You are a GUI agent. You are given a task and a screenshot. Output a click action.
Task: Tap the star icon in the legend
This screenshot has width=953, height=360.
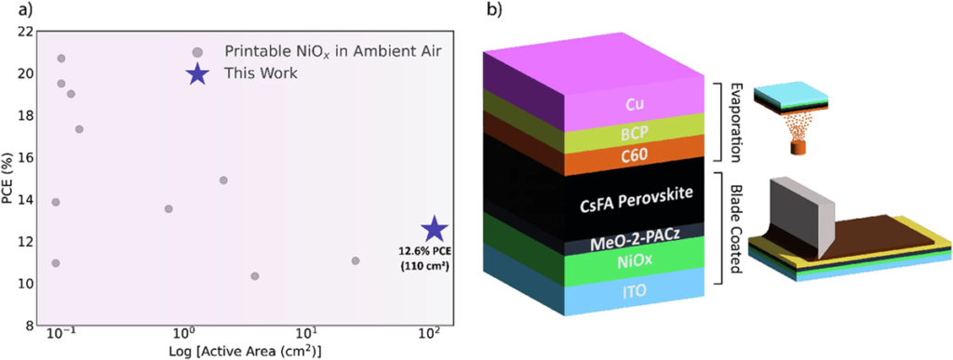coord(196,74)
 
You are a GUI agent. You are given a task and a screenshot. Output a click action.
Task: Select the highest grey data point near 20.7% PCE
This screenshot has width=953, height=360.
coord(61,59)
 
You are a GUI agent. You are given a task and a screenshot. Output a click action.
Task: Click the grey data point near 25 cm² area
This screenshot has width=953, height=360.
coord(356,260)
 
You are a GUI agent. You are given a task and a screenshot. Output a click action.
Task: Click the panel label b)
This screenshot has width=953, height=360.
coord(490,12)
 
